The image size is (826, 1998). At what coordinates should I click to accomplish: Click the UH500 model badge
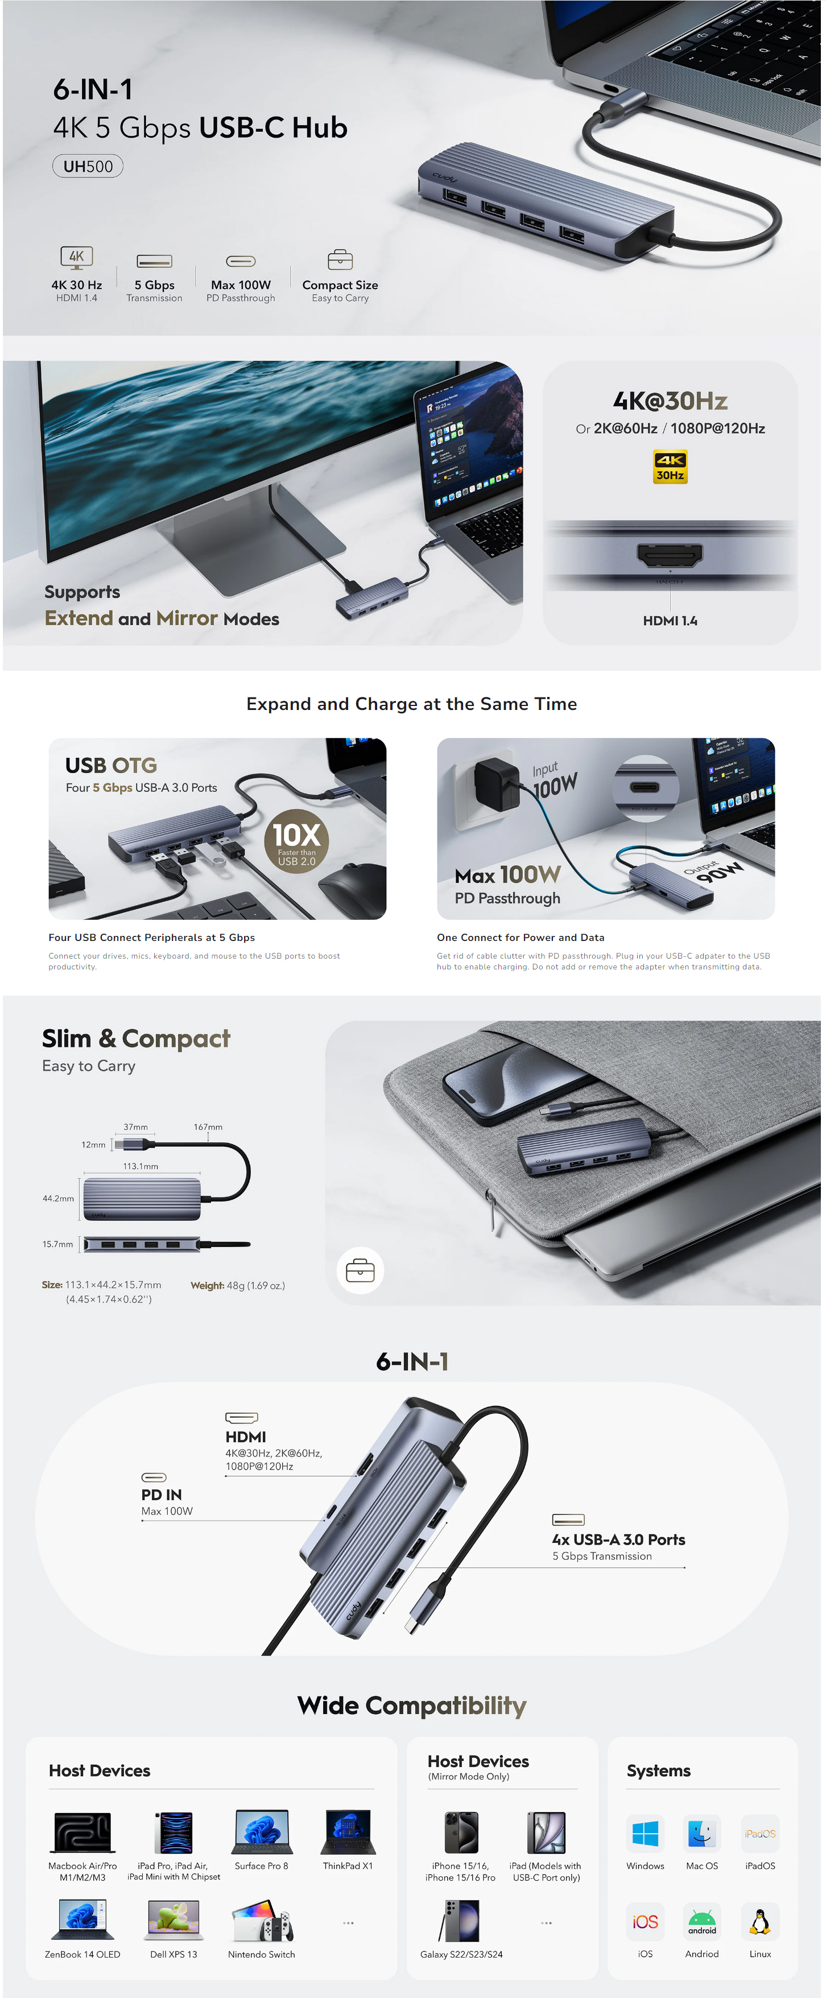point(88,166)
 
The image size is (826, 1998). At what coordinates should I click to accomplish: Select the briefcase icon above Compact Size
point(340,259)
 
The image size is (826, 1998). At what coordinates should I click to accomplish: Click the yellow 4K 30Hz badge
point(670,466)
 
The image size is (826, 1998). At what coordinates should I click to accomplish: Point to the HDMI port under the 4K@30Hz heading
point(670,555)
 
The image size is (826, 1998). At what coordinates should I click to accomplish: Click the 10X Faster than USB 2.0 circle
point(296,841)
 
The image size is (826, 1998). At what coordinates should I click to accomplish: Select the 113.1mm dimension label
point(141,1166)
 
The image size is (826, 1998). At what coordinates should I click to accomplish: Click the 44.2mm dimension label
point(58,1198)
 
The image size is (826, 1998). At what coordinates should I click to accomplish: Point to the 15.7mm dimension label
point(57,1244)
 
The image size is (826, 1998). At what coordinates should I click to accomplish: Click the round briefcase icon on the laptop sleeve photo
point(361,1270)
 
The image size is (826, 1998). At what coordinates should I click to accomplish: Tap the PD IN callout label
point(162,1495)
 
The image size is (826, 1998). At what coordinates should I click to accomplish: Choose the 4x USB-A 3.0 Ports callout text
point(618,1539)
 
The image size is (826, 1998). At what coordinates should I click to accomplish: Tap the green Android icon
point(702,1922)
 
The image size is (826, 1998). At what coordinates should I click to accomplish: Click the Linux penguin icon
point(759,1922)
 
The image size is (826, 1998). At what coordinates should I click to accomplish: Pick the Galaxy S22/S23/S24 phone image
point(461,1921)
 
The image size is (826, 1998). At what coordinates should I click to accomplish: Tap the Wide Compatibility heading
point(412,1706)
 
